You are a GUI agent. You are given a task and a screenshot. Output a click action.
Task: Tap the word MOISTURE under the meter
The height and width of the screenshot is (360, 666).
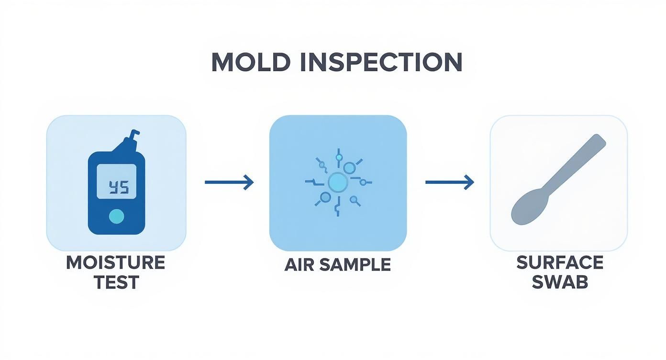pyautogui.click(x=115, y=263)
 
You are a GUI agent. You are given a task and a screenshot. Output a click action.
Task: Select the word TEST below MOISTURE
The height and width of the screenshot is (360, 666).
pyautogui.click(x=115, y=282)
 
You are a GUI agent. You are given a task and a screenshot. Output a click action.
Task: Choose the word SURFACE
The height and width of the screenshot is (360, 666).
pyautogui.click(x=560, y=262)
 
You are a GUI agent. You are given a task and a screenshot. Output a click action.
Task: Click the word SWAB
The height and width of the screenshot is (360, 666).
pyautogui.click(x=560, y=282)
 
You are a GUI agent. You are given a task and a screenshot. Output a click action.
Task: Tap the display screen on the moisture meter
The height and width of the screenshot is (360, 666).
pyautogui.click(x=116, y=181)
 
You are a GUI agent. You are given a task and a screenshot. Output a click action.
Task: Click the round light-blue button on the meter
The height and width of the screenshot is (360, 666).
pyautogui.click(x=116, y=217)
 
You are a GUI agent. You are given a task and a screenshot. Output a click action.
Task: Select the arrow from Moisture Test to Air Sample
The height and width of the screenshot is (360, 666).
pyautogui.click(x=229, y=182)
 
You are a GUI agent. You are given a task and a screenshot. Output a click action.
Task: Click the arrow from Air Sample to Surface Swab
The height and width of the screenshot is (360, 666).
pyautogui.click(x=449, y=182)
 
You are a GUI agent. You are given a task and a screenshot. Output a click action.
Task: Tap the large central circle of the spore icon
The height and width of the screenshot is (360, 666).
pyautogui.click(x=338, y=182)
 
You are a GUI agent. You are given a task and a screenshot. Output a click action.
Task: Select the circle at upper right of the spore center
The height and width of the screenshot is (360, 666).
pyautogui.click(x=350, y=168)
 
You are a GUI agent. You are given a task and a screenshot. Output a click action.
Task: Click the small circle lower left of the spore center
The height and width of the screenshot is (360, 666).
pyautogui.click(x=325, y=197)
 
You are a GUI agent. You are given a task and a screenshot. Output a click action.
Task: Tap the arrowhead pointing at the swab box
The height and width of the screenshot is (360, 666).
pyautogui.click(x=470, y=182)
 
